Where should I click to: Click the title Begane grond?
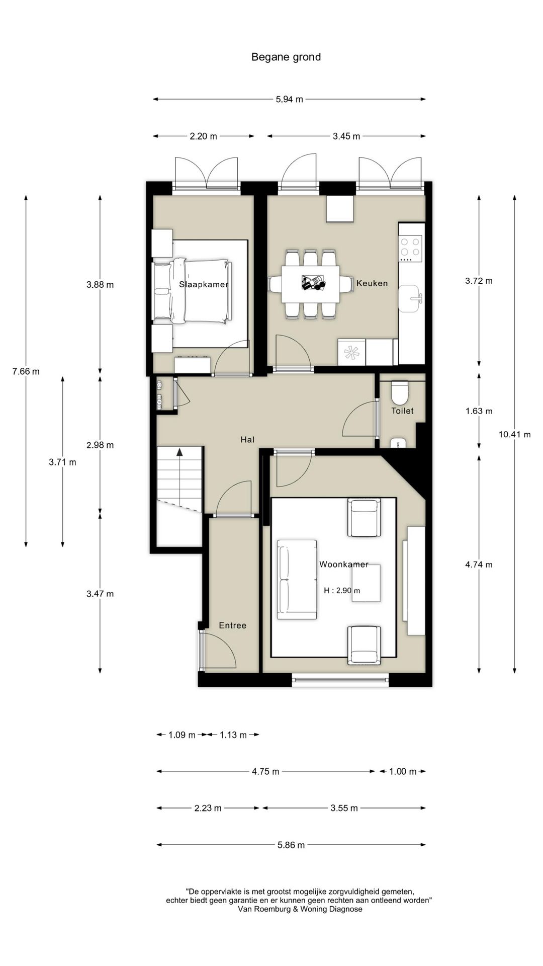pyautogui.click(x=286, y=57)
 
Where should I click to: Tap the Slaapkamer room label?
pyautogui.click(x=204, y=284)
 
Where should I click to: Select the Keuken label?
pyautogui.click(x=372, y=283)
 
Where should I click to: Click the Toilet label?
pyautogui.click(x=402, y=411)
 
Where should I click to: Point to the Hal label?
pyautogui.click(x=247, y=440)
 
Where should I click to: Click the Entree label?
pyautogui.click(x=233, y=625)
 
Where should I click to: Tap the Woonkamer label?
pyautogui.click(x=344, y=565)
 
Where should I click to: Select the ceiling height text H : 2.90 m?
pyautogui.click(x=342, y=591)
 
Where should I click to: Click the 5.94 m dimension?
pyautogui.click(x=290, y=99)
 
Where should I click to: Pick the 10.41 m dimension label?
pyautogui.click(x=515, y=434)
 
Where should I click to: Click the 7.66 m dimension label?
pyautogui.click(x=26, y=371)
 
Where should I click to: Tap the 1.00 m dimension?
pyautogui.click(x=403, y=771)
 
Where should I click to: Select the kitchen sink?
pyautogui.click(x=410, y=298)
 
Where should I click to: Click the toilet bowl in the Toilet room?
pyautogui.click(x=400, y=393)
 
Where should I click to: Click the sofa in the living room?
pyautogui.click(x=297, y=579)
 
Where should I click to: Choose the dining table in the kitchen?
pyautogui.click(x=310, y=284)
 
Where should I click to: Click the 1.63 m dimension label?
pyautogui.click(x=479, y=411)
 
